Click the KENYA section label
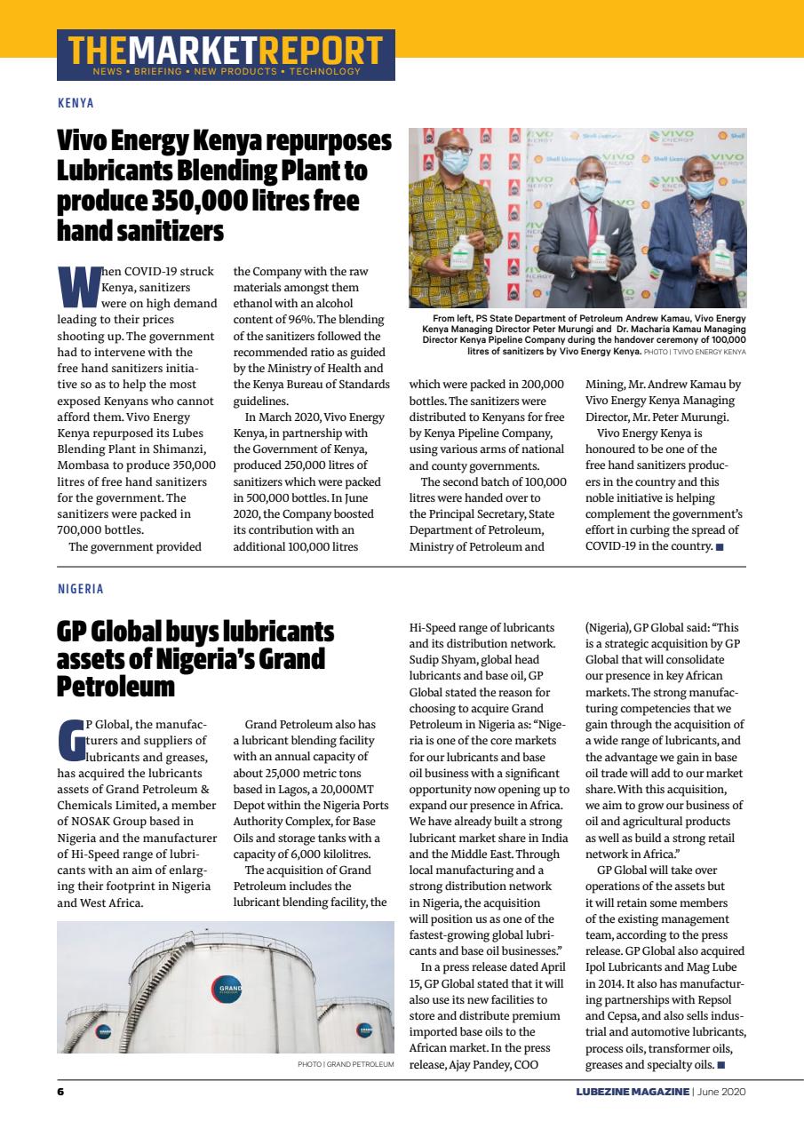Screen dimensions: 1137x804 coord(76,103)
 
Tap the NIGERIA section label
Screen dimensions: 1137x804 coord(80,589)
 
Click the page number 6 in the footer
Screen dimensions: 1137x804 coord(60,1092)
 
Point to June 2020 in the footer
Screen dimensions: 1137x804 coord(722,1092)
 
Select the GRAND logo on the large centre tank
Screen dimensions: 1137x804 coord(226,989)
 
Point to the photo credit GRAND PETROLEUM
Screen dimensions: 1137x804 coord(346,1063)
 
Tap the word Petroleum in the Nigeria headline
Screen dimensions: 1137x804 coord(115,687)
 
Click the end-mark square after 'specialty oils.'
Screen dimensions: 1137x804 coord(721,1064)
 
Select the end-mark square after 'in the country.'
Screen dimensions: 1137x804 coord(720,546)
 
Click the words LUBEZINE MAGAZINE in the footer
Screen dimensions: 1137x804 coord(632,1092)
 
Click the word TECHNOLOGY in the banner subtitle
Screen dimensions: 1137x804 coord(324,71)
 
